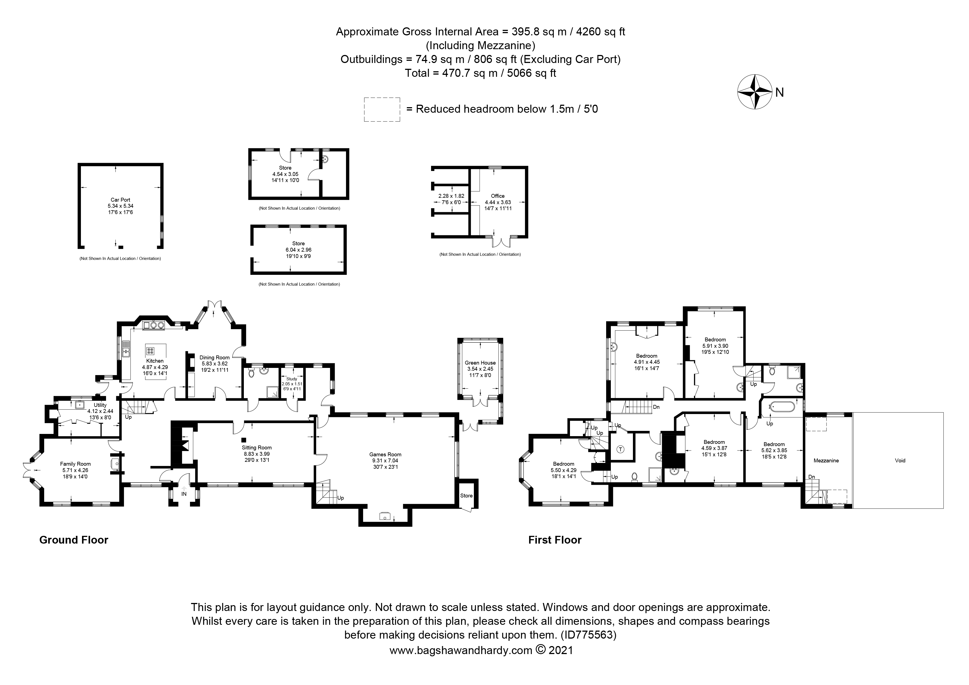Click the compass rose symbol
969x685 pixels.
pyautogui.click(x=755, y=92)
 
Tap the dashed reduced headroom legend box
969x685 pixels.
pyautogui.click(x=382, y=110)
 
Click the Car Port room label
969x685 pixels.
pyautogui.click(x=120, y=200)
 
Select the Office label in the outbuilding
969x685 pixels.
pyautogui.click(x=498, y=196)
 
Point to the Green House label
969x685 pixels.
pyautogui.click(x=480, y=363)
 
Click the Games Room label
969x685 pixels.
pyautogui.click(x=385, y=455)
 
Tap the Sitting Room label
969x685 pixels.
pyautogui.click(x=257, y=448)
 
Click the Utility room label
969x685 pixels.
pyautogui.click(x=100, y=405)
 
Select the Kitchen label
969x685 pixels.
pyautogui.click(x=155, y=361)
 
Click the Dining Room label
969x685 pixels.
pyautogui.click(x=214, y=357)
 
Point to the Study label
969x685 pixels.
pyautogui.click(x=292, y=379)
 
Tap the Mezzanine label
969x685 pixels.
pyautogui.click(x=826, y=460)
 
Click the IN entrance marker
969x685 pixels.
pyautogui.click(x=184, y=494)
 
